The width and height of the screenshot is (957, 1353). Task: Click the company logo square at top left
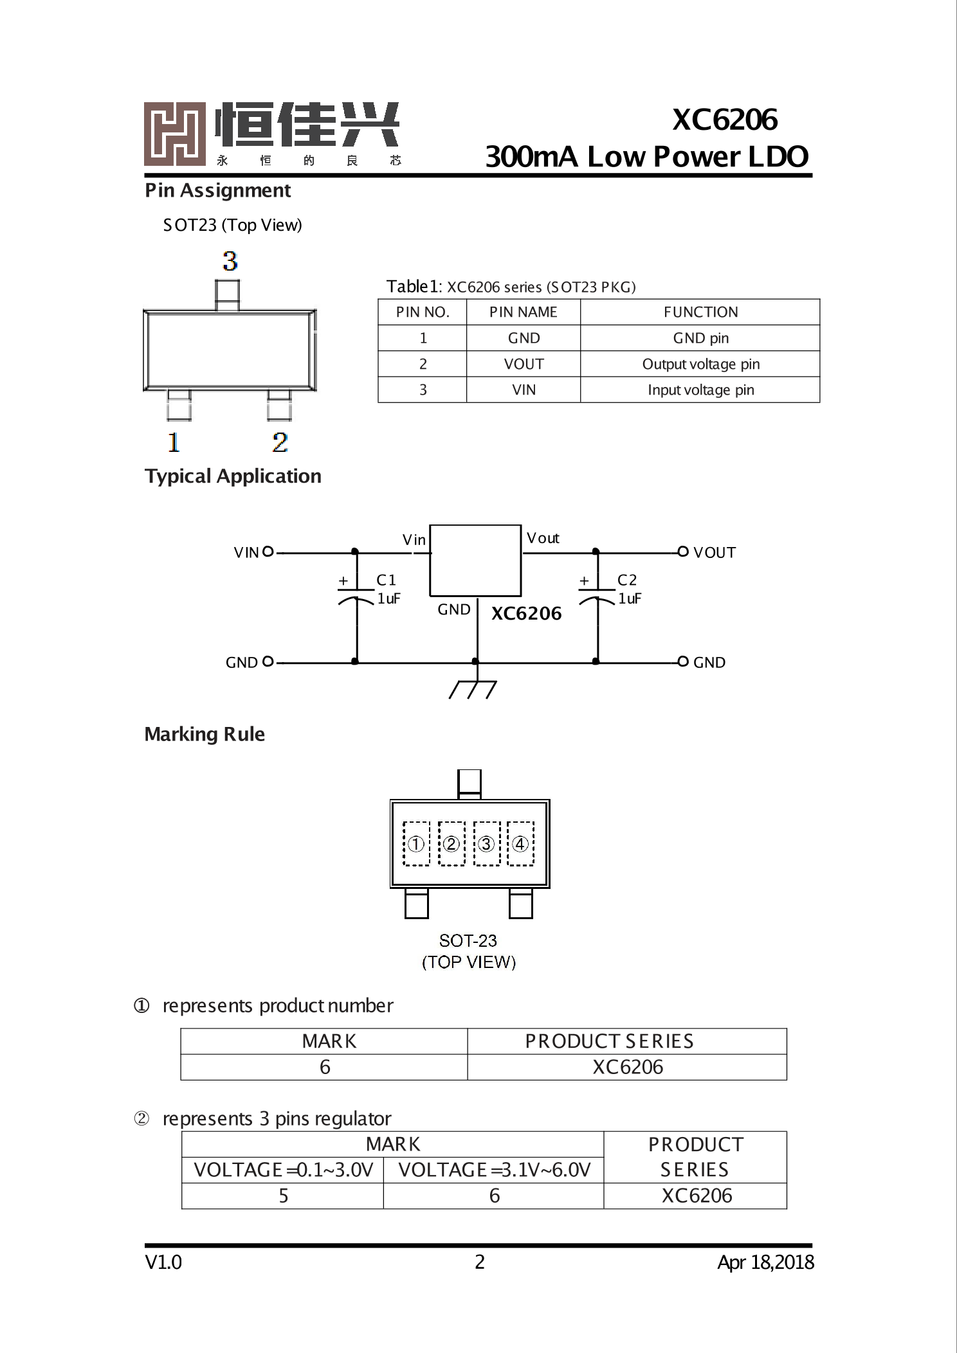[x=174, y=134]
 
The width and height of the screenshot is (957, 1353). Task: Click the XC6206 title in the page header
[x=725, y=120]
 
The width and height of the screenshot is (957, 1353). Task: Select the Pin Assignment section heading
[x=217, y=190]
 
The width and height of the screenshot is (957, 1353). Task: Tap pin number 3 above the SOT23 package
[x=230, y=262]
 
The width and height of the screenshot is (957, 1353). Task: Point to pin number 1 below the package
[x=174, y=442]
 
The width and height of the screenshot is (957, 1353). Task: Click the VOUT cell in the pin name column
[x=524, y=364]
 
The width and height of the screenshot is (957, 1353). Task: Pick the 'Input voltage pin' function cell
[x=700, y=390]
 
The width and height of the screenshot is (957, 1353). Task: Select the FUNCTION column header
[x=700, y=312]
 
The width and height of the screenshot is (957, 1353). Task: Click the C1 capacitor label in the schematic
[x=386, y=580]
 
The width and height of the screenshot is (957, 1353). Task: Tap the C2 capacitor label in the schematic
[x=627, y=580]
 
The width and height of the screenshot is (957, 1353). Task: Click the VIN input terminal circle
[x=268, y=551]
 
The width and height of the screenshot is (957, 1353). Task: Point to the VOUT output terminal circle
[x=683, y=551]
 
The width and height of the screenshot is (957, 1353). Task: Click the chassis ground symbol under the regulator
[x=473, y=689]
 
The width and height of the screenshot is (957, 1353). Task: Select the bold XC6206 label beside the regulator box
[x=526, y=613]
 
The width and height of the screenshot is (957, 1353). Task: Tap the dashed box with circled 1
[x=416, y=843]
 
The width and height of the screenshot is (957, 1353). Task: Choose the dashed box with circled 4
[x=520, y=843]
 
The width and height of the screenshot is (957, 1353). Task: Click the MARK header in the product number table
[x=329, y=1041]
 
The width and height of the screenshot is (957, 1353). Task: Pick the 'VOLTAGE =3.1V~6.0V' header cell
[x=494, y=1170]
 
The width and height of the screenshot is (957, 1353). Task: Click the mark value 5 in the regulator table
[x=283, y=1196]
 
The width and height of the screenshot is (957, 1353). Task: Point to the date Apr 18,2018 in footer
[x=765, y=1262]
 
